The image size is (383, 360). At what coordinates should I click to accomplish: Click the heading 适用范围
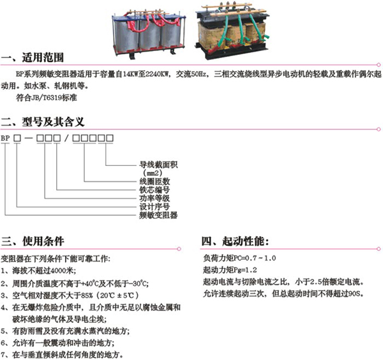43,57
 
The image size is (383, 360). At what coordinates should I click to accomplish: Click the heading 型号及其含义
53,122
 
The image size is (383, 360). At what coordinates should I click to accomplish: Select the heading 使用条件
43,241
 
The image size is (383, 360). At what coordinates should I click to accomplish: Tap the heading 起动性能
246,241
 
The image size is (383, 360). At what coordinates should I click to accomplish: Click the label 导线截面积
158,165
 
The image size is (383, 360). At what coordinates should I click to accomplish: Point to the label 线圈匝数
154,181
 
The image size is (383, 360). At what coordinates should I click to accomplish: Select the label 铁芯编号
154,190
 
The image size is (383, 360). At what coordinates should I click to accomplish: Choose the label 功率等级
154,198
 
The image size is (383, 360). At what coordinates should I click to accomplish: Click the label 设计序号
154,207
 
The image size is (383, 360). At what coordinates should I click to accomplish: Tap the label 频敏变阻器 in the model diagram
158,215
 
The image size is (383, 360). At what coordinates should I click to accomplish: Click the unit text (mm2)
153,173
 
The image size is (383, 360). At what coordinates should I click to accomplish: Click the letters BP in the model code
5,139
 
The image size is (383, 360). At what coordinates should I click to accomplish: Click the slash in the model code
66,139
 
